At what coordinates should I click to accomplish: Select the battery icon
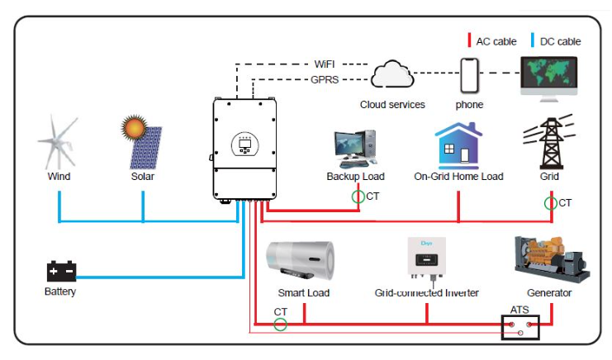(x=60, y=270)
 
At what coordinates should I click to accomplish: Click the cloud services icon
(x=392, y=76)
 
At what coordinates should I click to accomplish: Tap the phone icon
(x=470, y=77)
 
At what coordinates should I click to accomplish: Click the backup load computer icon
(x=355, y=146)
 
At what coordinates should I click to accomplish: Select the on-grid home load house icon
(x=458, y=145)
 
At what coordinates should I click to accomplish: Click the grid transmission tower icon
(x=549, y=144)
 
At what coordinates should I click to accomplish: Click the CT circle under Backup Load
(x=358, y=197)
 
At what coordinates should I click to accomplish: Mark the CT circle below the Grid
(x=550, y=202)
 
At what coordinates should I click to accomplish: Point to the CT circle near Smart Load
(x=281, y=324)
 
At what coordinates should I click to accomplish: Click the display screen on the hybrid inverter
(x=244, y=144)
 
